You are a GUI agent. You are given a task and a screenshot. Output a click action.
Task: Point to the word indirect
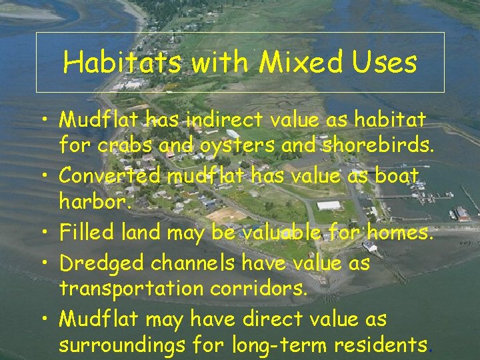pos(227,120)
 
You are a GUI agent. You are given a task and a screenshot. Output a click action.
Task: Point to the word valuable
pos(280,233)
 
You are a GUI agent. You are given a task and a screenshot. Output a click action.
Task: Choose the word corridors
pos(275,288)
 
